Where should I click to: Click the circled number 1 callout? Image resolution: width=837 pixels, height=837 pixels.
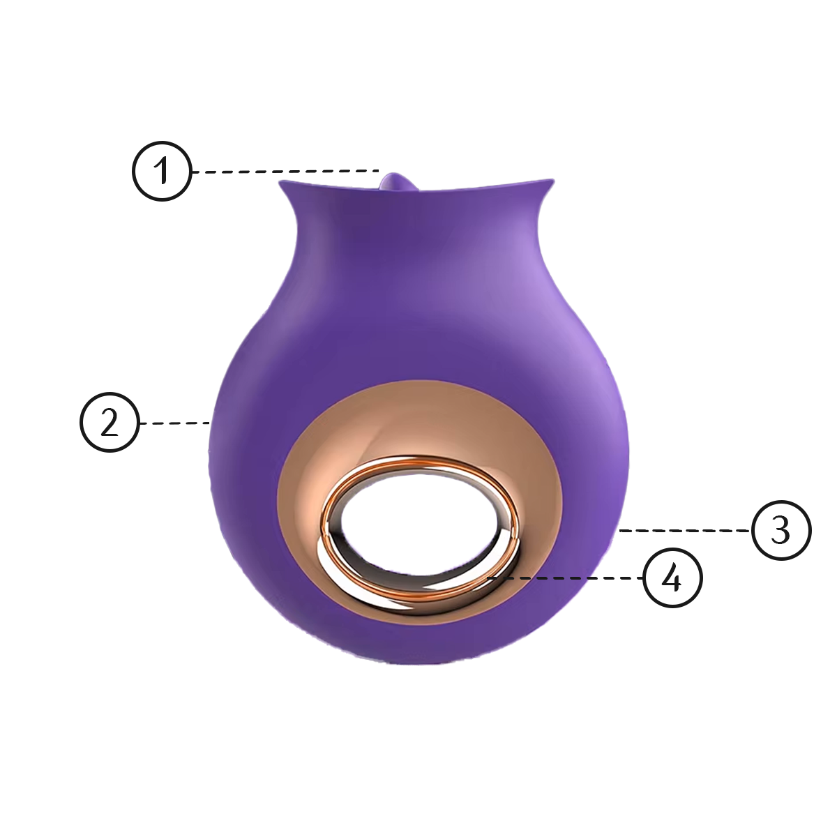point(162,171)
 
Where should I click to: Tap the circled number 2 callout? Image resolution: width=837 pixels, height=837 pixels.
point(110,423)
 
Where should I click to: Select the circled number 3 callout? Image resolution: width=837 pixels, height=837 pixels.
point(781,530)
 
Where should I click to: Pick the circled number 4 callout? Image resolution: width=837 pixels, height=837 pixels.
point(673,578)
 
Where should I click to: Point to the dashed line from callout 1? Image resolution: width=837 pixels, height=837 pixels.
point(286,172)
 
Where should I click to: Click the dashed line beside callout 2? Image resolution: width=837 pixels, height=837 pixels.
point(176,423)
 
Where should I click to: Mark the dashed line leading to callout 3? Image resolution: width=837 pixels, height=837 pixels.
point(685,530)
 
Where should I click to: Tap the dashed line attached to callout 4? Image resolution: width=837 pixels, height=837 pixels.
point(565,578)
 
